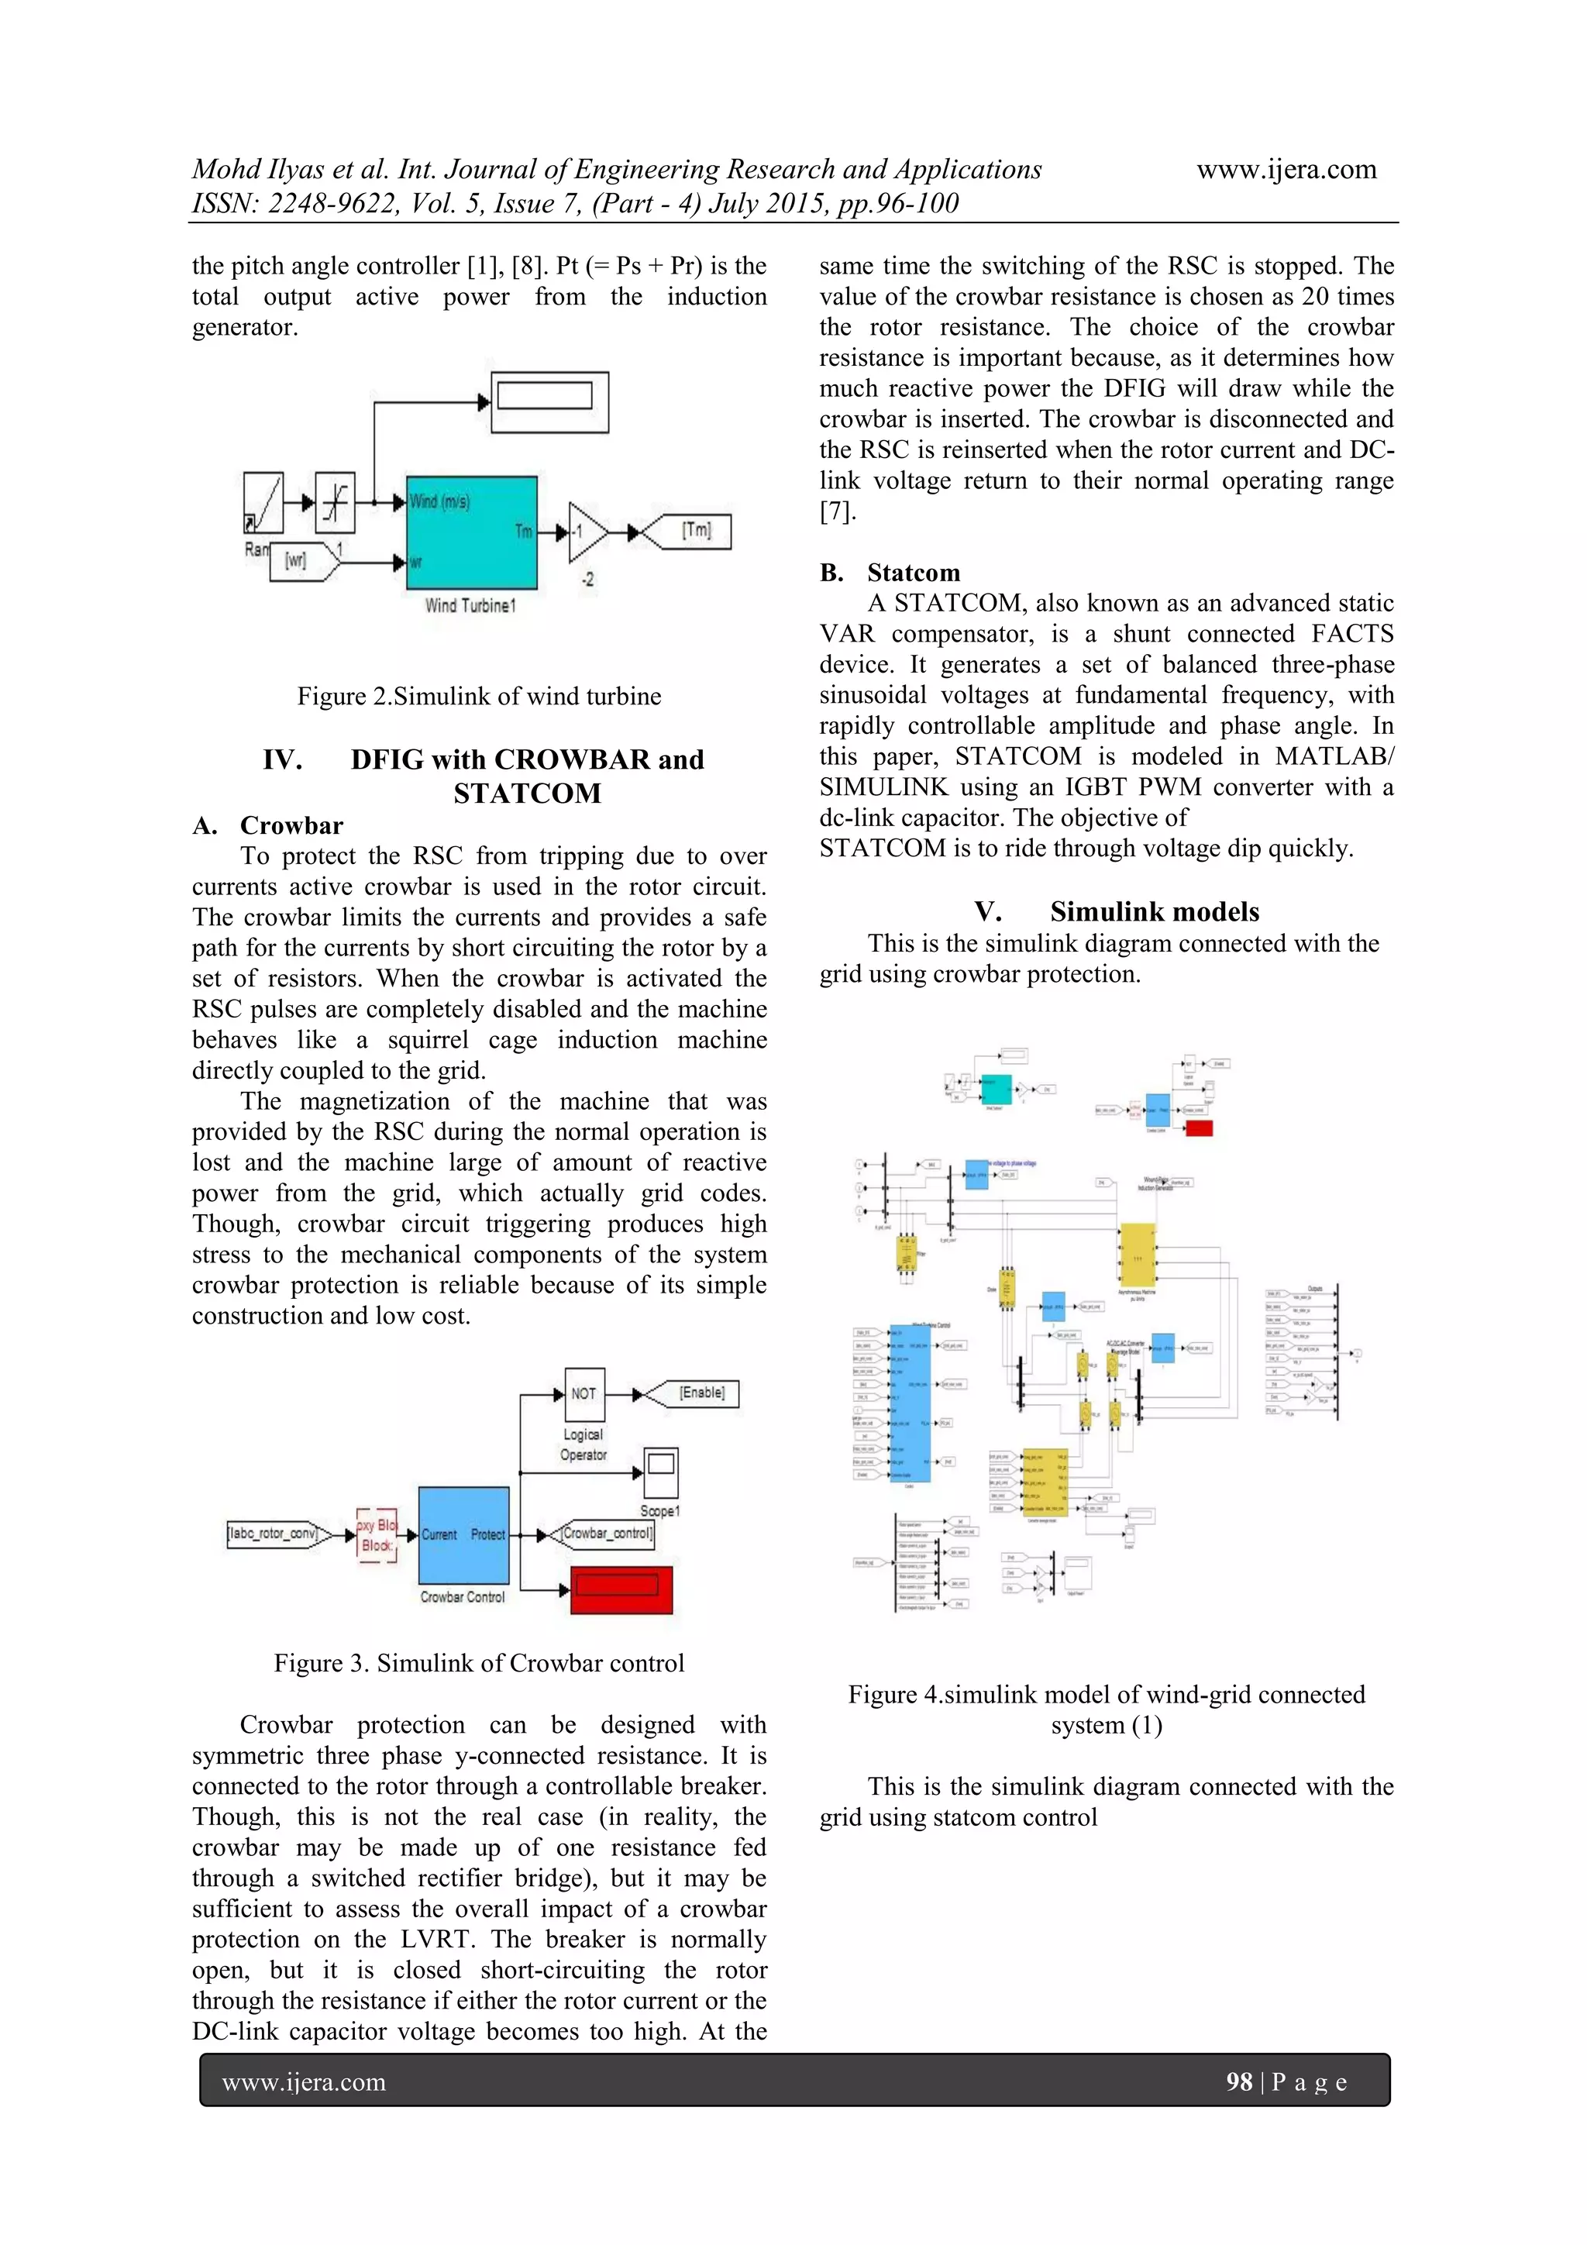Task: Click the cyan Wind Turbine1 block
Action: (471, 532)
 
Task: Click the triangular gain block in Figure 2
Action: (586, 533)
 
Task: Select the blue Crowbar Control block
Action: (463, 1534)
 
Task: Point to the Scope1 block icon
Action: (661, 1472)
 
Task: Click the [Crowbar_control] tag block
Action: (605, 1533)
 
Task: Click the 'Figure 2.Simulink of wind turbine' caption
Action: (479, 696)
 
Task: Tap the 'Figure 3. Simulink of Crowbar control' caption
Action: (479, 1663)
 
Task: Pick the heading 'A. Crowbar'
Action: (268, 825)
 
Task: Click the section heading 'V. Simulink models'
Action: (1117, 911)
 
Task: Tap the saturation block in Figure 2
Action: (336, 501)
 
